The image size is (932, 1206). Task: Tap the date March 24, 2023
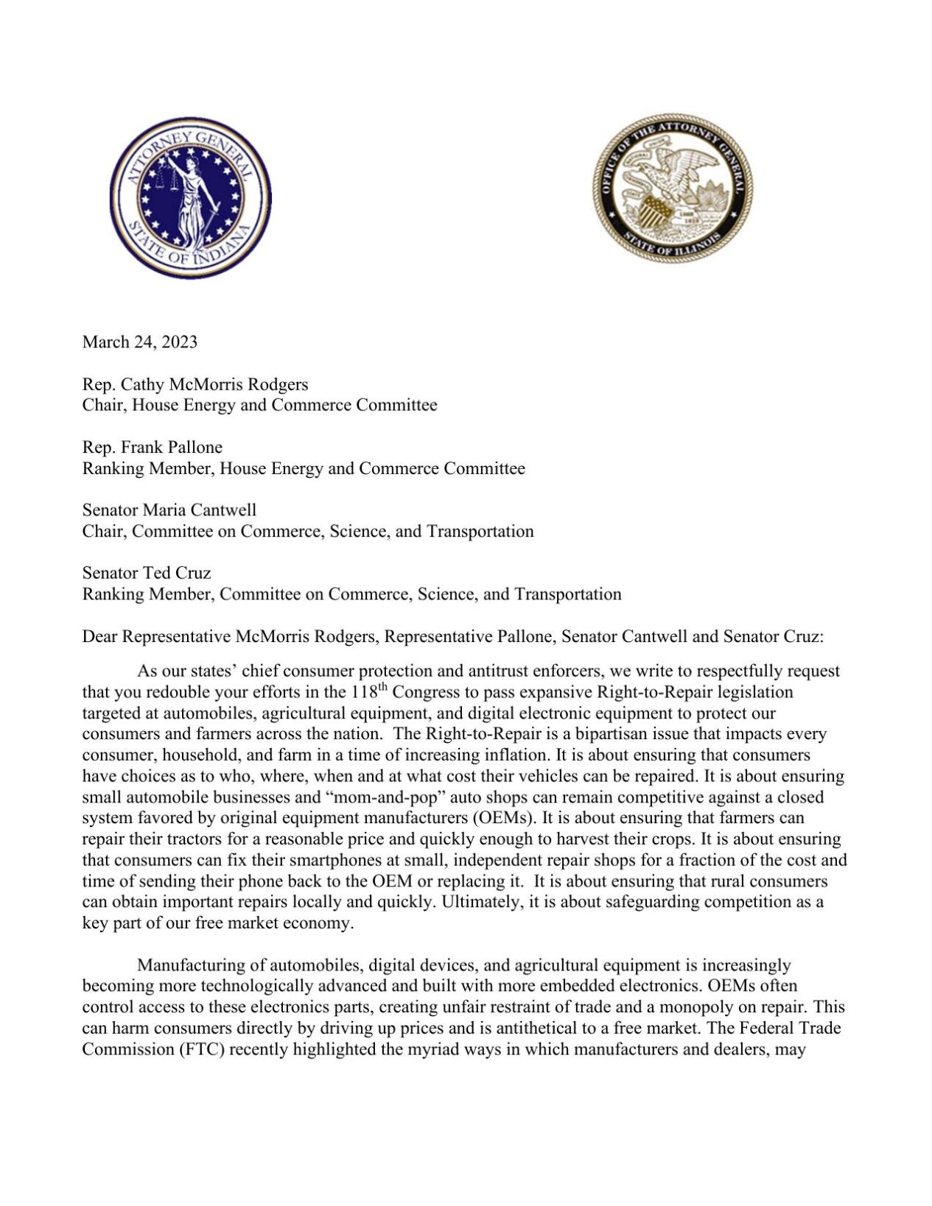140,342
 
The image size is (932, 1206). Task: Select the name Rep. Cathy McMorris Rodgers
195,384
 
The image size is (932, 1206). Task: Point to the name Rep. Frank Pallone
153,447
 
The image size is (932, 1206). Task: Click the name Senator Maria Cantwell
169,510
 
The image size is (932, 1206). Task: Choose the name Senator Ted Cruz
147,573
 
